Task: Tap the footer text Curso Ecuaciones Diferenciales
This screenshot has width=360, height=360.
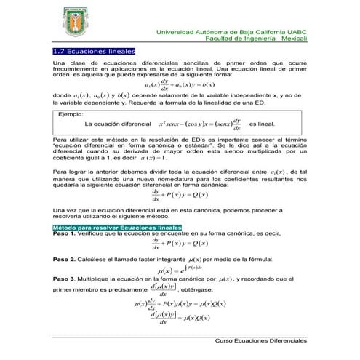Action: [x=260, y=340]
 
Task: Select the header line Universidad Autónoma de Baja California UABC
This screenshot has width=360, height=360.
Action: [x=232, y=32]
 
